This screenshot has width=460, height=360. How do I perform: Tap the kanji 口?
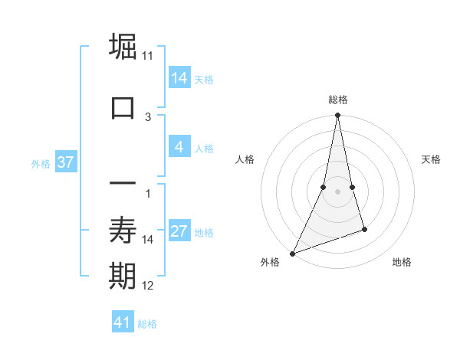click(123, 106)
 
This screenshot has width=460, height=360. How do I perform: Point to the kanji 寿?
click(123, 229)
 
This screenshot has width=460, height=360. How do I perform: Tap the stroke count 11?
click(148, 56)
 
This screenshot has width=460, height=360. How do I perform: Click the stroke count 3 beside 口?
click(148, 117)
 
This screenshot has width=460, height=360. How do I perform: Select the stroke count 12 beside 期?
click(148, 286)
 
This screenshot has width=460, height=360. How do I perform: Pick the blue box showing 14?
click(179, 77)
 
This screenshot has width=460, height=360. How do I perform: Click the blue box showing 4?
click(179, 147)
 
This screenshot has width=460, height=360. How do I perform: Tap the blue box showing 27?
click(179, 231)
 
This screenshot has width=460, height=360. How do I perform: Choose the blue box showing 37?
click(65, 162)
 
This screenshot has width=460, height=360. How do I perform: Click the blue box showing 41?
click(123, 322)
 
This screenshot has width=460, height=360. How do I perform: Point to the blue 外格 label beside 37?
click(41, 163)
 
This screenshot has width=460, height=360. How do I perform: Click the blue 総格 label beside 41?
click(147, 324)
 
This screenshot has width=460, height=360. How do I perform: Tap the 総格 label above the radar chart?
click(337, 100)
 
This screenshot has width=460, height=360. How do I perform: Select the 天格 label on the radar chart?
click(431, 159)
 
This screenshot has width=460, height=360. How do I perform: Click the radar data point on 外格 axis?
click(292, 253)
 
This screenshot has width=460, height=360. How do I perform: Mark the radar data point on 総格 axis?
click(337, 116)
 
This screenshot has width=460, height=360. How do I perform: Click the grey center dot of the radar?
click(337, 191)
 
